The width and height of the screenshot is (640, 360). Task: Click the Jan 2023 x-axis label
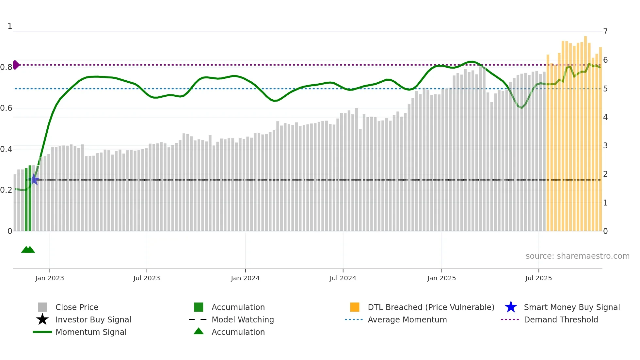[x=50, y=278]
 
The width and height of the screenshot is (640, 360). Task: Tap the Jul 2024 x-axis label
[x=343, y=278]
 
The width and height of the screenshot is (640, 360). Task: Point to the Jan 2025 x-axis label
[x=441, y=278]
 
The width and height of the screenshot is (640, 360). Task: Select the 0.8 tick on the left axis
[x=6, y=67]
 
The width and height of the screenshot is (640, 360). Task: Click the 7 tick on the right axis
[x=605, y=32]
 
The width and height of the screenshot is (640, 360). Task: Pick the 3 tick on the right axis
[x=605, y=146]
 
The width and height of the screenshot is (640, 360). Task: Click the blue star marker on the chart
[x=34, y=179]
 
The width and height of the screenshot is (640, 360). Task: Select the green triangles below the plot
[x=28, y=250]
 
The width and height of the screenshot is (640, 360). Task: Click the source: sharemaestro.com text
[x=577, y=256]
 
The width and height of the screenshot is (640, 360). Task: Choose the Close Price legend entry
[x=77, y=307]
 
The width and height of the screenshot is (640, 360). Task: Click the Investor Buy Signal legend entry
[x=93, y=319]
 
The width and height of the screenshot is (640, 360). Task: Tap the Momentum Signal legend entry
[x=91, y=332]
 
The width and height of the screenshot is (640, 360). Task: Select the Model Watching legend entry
[x=243, y=319]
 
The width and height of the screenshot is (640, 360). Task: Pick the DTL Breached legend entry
[x=431, y=307]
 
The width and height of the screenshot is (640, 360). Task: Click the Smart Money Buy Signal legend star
[x=511, y=307]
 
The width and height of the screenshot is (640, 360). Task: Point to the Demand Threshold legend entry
[x=561, y=319]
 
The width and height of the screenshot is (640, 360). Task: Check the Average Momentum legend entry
[x=407, y=319]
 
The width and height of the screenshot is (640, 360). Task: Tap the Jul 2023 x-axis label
[x=147, y=278]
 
